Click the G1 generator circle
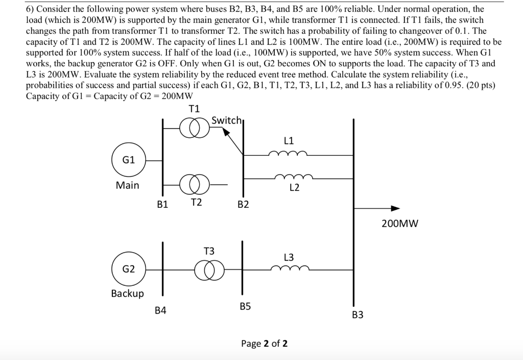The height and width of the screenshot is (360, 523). click(129, 159)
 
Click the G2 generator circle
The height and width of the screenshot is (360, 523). click(129, 269)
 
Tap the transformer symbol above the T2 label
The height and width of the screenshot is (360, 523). click(194, 183)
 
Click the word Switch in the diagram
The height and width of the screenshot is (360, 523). click(226, 121)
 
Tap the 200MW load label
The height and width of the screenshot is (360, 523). click(400, 223)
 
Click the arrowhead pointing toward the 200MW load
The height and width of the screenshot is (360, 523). click(395, 208)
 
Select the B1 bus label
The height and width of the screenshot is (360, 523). click(162, 204)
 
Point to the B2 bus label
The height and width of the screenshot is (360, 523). click(243, 205)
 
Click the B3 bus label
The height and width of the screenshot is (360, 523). click(358, 315)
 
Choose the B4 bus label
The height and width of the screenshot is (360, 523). click(160, 310)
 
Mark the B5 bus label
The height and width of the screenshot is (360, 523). click(245, 306)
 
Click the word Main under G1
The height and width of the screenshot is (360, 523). click(127, 185)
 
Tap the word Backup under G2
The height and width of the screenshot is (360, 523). click(127, 294)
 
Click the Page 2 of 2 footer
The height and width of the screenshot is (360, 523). click(264, 344)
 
